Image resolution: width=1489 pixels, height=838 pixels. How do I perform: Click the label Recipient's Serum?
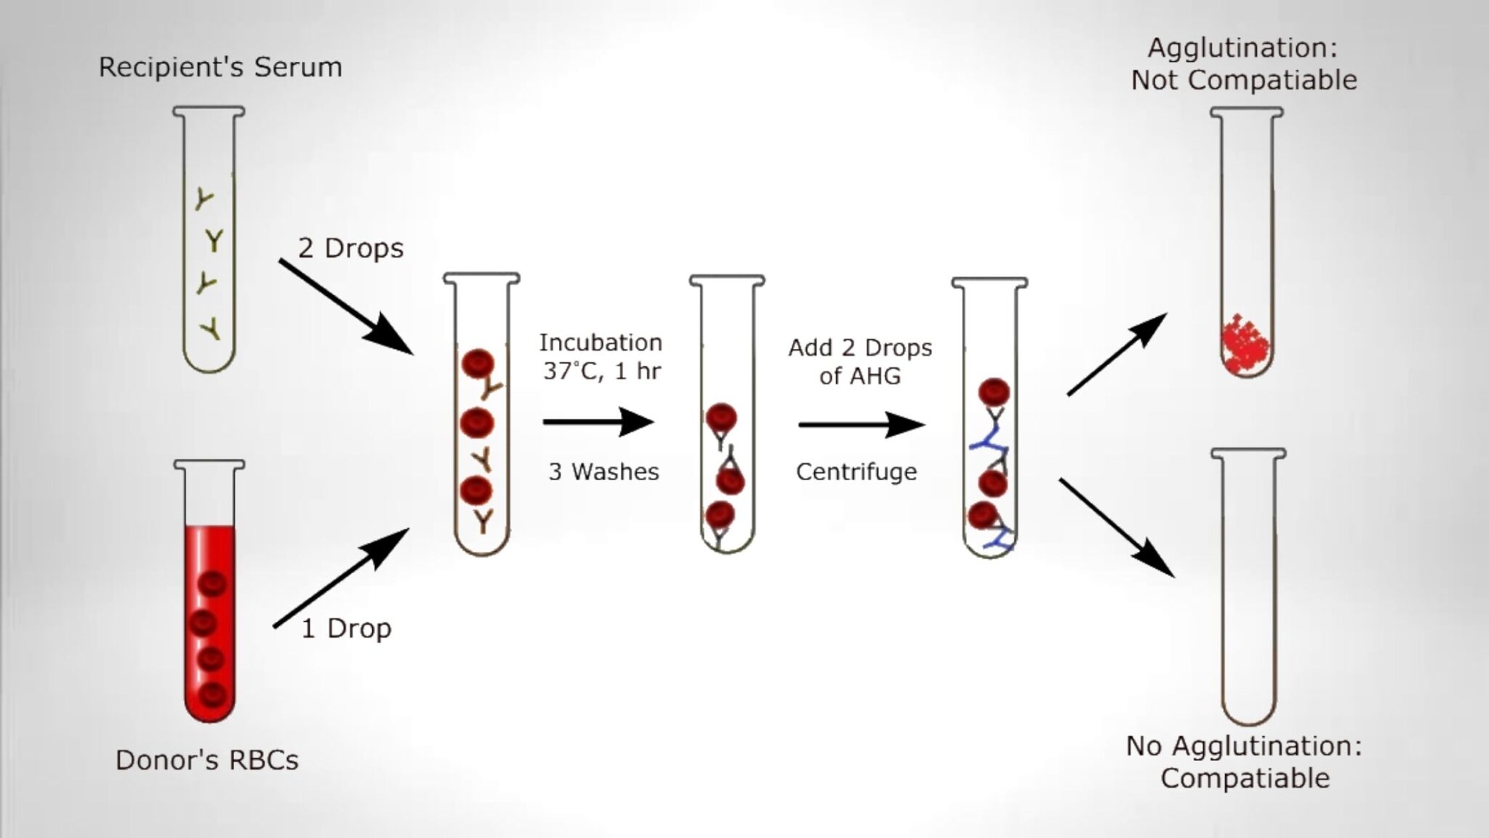click(220, 68)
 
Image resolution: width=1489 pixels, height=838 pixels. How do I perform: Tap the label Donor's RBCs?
click(207, 760)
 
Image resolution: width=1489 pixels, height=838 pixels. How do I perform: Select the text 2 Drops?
click(350, 249)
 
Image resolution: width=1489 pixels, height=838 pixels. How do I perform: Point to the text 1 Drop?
click(346, 628)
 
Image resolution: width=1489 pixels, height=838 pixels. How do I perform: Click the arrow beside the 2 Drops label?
click(345, 306)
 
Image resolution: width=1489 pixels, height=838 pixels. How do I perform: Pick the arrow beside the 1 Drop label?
click(340, 578)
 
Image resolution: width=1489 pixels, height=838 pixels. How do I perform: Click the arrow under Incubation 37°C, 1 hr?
click(598, 421)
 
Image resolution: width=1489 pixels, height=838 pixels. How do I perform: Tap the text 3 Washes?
click(603, 472)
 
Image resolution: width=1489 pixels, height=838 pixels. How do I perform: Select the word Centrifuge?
click(856, 472)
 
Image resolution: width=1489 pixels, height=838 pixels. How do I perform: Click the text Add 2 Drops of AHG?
click(860, 362)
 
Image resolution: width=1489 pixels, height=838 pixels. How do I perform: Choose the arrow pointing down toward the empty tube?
click(1117, 527)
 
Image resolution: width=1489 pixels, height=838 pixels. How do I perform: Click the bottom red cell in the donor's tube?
click(212, 694)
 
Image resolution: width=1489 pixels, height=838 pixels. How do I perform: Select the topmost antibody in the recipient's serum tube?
click(204, 199)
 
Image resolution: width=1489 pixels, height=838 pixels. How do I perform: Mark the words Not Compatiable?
click(1243, 80)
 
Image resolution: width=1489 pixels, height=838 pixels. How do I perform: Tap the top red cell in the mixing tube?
click(478, 364)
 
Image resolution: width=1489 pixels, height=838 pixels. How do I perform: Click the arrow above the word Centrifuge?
click(861, 425)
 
